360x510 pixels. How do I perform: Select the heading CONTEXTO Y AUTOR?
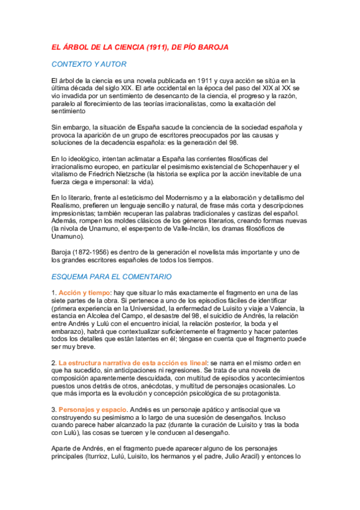(89, 64)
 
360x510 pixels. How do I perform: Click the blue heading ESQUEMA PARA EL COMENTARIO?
(112, 277)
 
